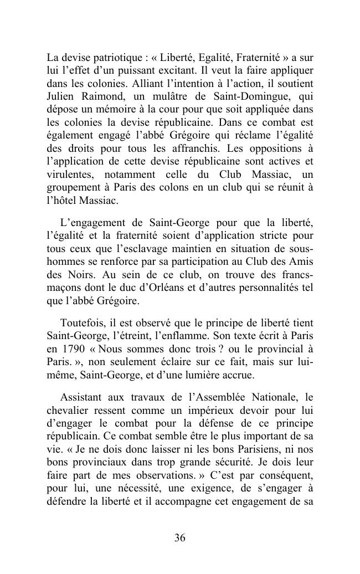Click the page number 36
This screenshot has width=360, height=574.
179,537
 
